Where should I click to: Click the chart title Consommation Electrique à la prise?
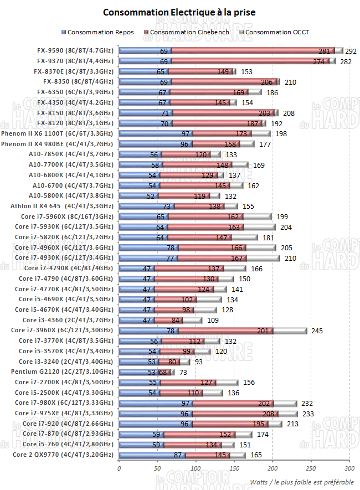click(179, 12)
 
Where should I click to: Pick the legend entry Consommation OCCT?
click(277, 32)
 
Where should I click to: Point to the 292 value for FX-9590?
click(351, 51)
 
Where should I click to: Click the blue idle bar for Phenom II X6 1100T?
click(156, 133)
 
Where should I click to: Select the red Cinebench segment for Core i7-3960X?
click(226, 331)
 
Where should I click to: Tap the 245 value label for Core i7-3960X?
click(315, 331)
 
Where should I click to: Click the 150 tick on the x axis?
click(234, 467)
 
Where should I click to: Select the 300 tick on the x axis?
click(349, 467)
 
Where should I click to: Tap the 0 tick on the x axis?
click(119, 467)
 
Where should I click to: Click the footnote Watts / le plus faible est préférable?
click(301, 481)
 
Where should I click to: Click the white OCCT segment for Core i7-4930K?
click(271, 258)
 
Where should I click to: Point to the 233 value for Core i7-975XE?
click(305, 414)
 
